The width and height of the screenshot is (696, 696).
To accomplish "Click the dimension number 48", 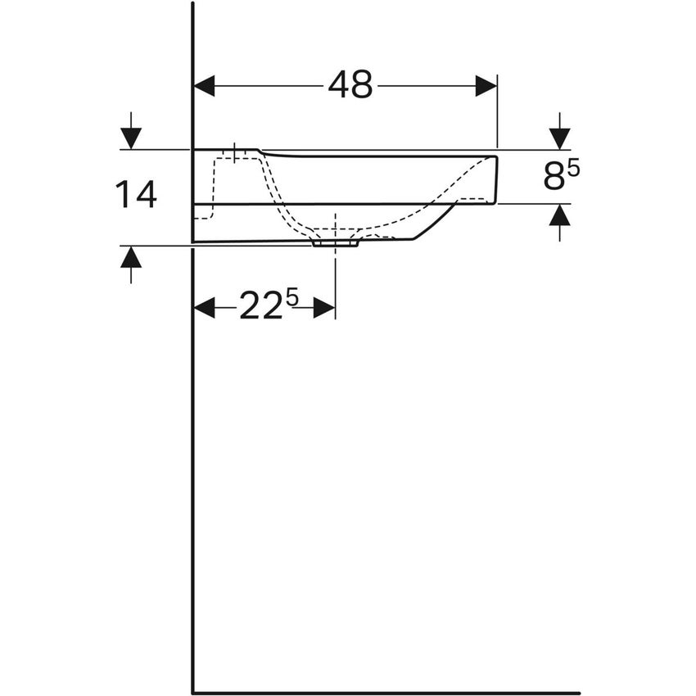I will (350, 85).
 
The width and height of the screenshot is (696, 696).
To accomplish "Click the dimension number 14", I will (136, 196).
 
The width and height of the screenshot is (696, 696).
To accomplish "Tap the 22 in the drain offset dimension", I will (260, 308).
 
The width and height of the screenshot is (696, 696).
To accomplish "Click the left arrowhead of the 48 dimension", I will (204, 86).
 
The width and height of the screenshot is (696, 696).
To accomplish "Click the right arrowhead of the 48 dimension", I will (486, 86).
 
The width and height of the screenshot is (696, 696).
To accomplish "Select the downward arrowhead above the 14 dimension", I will (130, 138).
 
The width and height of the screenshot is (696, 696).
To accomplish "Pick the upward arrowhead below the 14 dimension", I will (130, 257).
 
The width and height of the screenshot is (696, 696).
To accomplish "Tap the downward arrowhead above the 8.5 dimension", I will (559, 138).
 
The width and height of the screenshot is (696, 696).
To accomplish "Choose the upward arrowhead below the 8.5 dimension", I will (559, 215).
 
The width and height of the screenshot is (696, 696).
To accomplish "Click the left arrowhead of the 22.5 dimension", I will (204, 308).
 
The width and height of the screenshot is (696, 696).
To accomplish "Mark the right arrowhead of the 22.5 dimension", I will (324, 308).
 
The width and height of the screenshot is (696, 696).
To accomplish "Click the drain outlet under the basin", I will (335, 242).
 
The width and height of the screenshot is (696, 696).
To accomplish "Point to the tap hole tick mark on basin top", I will (235, 153).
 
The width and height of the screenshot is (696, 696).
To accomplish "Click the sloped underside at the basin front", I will (434, 221).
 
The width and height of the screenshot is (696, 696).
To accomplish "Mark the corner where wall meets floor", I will (193, 693).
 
